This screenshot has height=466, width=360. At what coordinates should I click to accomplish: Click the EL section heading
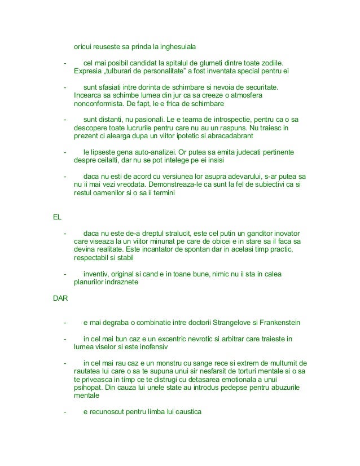(x=56, y=217)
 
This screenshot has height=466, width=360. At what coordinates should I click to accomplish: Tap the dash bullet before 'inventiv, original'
(x=65, y=275)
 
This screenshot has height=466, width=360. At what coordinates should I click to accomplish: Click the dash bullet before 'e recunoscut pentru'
(x=65, y=412)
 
